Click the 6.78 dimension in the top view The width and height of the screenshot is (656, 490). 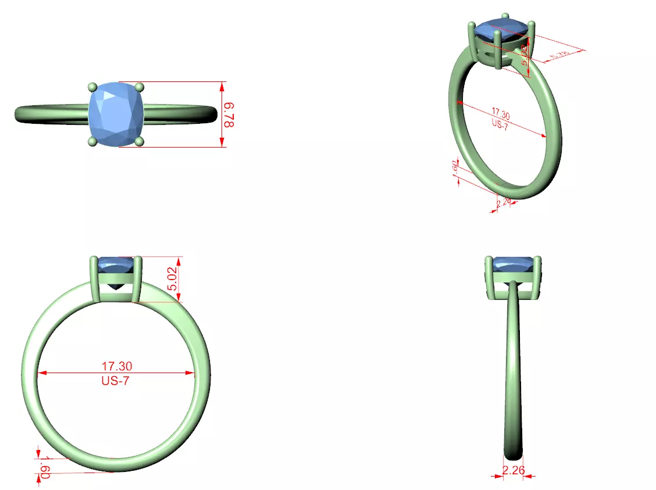click(229, 115)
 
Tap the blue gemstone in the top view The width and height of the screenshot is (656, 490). click(116, 114)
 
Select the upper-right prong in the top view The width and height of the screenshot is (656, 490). click(139, 87)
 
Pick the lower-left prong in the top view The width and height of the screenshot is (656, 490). click(91, 141)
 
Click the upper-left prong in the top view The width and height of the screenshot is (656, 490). click(91, 87)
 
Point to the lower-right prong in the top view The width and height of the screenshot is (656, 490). click(139, 141)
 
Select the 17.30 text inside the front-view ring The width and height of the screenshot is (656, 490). click(117, 366)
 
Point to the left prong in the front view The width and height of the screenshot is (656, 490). click(95, 279)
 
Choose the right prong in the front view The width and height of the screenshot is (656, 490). click(137, 279)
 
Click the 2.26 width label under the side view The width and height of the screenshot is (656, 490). click(513, 470)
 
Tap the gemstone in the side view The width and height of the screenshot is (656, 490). click(514, 264)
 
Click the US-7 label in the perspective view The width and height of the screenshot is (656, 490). click(499, 124)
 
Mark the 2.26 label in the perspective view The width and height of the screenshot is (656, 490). click(504, 201)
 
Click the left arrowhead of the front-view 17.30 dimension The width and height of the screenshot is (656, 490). click(41, 373)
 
